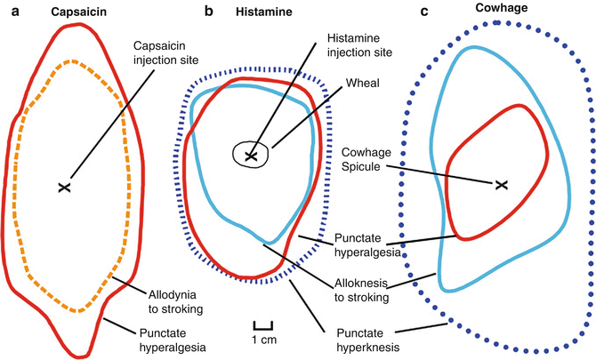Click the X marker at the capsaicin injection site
pos(63,187)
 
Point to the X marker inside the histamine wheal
pos(252,156)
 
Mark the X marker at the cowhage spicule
pos(501,184)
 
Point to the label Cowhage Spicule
pos(366,166)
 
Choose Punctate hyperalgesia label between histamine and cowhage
pos(366,244)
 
